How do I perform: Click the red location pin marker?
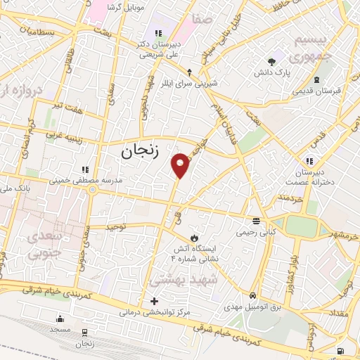181,165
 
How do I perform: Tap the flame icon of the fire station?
194,237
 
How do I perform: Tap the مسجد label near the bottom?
60,328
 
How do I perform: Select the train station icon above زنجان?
85,332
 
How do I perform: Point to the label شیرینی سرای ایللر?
189,82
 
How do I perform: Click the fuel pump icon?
341,350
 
